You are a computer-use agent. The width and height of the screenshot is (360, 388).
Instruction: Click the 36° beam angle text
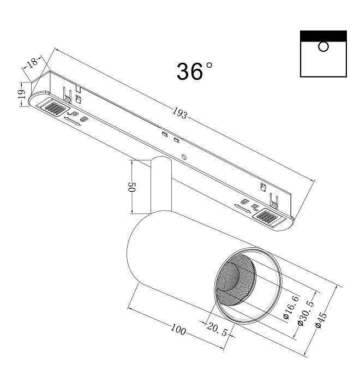click(194, 71)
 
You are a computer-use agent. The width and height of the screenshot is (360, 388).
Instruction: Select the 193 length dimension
click(180, 114)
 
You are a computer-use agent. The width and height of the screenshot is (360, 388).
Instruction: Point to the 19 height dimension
click(21, 94)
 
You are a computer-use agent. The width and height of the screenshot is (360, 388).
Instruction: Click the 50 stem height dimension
click(131, 187)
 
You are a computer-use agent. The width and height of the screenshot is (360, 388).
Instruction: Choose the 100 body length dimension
click(178, 330)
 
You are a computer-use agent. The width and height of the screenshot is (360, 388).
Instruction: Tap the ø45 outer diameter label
click(321, 319)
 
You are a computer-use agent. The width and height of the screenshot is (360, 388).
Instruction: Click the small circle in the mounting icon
click(323, 47)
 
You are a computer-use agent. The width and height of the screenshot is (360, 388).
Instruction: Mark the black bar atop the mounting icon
click(323, 35)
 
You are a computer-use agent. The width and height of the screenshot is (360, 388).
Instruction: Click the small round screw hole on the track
click(184, 158)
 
